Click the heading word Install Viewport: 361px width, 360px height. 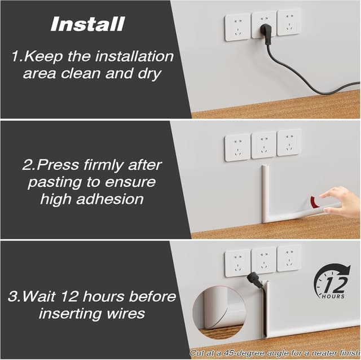tap(87, 24)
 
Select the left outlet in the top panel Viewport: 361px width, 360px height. tap(237, 27)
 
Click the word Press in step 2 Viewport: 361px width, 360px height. tap(63, 166)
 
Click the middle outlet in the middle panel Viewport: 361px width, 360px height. tap(263, 145)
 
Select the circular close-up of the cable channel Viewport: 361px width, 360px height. tap(217, 309)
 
